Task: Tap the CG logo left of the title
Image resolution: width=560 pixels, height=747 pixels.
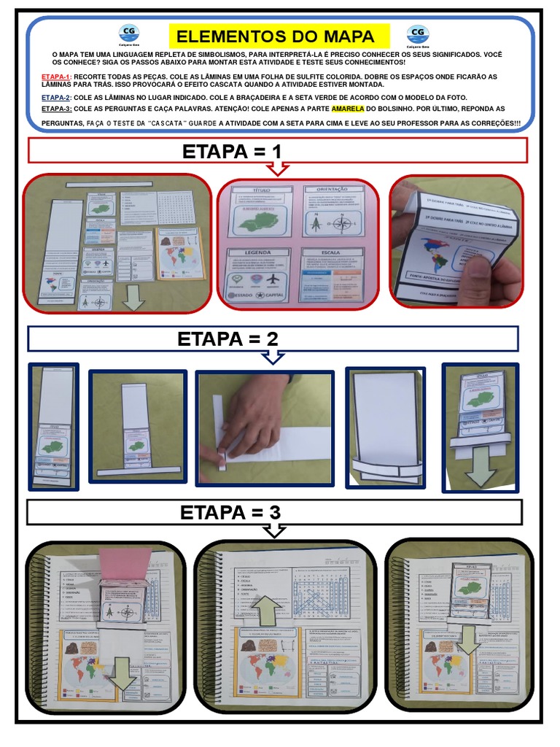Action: tap(129, 34)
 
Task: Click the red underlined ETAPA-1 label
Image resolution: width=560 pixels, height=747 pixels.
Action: tap(55, 77)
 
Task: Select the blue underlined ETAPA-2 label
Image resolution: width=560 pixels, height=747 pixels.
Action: tap(55, 97)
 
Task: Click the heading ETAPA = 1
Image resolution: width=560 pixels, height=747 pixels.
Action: tap(232, 152)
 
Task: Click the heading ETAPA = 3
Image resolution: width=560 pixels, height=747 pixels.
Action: tap(230, 513)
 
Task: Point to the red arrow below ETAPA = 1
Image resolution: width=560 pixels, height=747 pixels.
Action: tap(278, 169)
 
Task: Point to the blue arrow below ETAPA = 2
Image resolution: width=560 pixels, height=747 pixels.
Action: tap(273, 357)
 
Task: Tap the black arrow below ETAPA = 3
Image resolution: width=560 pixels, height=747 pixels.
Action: tap(273, 531)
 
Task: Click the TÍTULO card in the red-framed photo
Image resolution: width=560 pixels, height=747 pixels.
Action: tap(261, 211)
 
